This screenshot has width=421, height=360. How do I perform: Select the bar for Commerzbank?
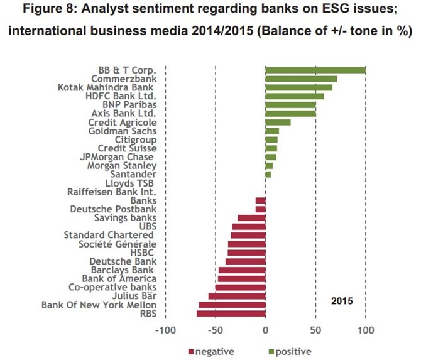301,79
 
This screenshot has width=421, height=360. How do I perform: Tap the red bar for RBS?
231,314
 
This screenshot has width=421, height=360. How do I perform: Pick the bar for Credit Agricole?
278,122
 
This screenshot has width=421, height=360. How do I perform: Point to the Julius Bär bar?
237,296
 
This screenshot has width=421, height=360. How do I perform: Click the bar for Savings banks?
251,218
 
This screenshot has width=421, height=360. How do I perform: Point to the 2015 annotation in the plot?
342,301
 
